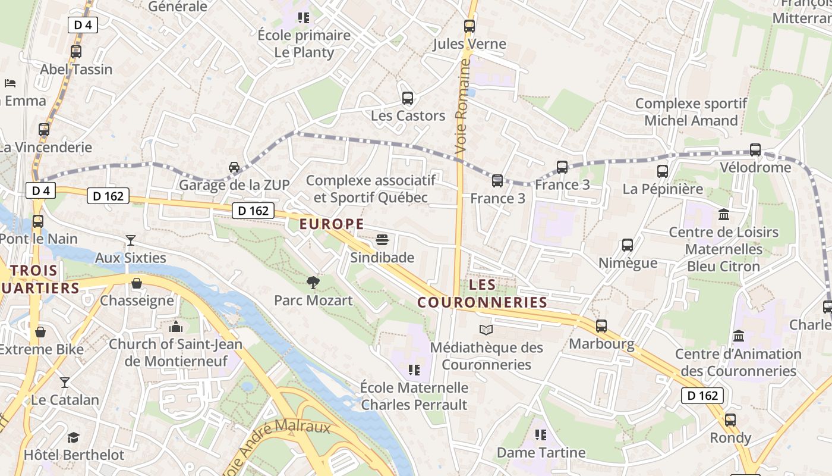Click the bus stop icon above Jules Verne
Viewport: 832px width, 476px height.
pos(469,26)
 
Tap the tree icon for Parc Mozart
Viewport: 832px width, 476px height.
pos(313,283)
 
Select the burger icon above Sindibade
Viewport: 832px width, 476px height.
pos(382,240)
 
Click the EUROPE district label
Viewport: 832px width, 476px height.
pos(332,224)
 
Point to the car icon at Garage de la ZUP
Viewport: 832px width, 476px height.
pos(234,167)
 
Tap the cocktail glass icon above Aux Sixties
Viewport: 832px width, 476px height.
pos(131,240)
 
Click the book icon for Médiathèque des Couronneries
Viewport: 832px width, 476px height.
pos(486,330)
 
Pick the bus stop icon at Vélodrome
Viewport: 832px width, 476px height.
pos(755,150)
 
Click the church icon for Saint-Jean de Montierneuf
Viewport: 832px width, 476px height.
pos(176,327)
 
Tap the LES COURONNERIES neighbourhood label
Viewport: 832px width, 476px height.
pos(482,293)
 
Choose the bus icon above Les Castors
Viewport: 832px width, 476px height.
pos(408,98)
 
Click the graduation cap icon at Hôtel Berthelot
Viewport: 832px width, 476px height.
pos(73,438)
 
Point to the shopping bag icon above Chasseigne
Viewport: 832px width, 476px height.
pos(137,283)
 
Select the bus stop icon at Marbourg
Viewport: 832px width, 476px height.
pos(601,326)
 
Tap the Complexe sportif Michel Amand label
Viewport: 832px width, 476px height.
pos(691,112)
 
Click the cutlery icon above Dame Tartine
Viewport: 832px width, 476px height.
pos(540,435)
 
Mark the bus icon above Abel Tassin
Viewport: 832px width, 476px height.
pos(76,52)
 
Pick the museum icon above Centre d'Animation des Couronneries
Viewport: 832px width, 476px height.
pos(739,336)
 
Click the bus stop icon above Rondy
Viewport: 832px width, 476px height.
pos(730,420)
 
